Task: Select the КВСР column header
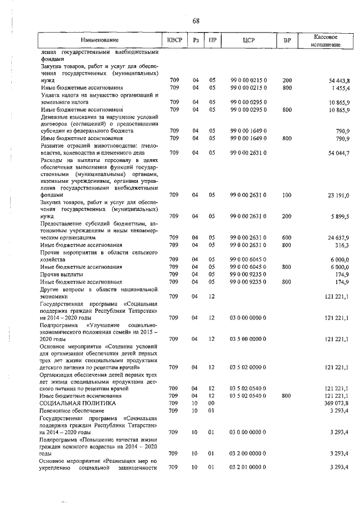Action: [x=174, y=40]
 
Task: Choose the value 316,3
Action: [x=343, y=245]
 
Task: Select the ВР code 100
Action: [x=287, y=195]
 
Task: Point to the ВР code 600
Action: [x=287, y=238]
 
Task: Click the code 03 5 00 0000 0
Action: [x=248, y=339]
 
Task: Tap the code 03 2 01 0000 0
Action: [x=248, y=467]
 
